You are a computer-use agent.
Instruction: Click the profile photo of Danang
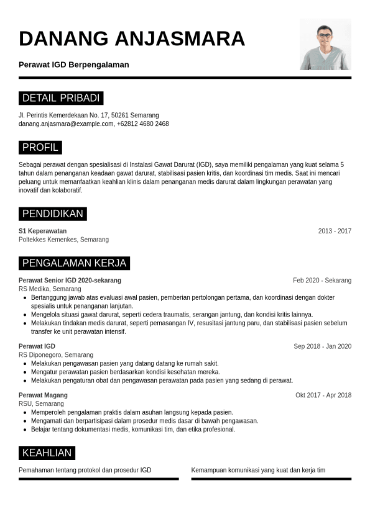325,44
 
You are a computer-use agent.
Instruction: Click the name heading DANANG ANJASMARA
132,38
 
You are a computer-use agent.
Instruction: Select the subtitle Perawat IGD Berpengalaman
74,65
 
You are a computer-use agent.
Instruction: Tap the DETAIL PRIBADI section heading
61,98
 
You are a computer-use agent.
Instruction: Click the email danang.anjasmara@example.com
66,124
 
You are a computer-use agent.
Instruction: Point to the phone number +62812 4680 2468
143,124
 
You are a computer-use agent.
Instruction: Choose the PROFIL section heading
40,147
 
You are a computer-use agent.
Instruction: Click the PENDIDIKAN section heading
52,214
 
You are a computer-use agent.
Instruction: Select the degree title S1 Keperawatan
42,231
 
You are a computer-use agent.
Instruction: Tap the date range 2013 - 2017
335,231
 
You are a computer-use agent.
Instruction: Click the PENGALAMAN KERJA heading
74,263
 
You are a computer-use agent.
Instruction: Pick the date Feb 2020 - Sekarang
322,280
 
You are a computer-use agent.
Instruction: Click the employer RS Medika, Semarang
50,289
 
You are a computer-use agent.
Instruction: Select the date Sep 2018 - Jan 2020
322,346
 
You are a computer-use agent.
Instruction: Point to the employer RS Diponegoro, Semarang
56,355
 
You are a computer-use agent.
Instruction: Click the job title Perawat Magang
43,395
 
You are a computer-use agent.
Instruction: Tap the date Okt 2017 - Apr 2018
323,395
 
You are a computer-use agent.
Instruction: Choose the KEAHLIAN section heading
47,452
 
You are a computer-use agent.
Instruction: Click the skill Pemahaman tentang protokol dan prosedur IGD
85,470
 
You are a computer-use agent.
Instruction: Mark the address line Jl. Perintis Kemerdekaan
89,115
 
